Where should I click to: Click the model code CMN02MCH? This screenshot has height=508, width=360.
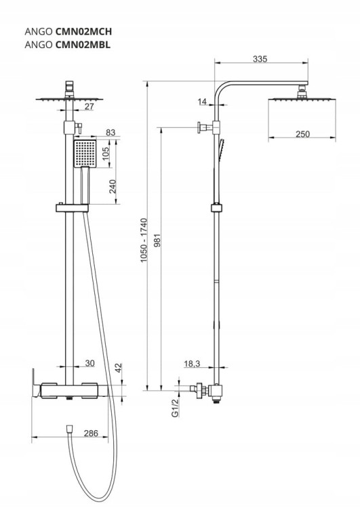[83, 31]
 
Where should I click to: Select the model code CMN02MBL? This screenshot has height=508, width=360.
[83, 45]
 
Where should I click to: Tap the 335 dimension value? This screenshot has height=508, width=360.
[260, 59]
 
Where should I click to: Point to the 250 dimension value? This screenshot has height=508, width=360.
[302, 134]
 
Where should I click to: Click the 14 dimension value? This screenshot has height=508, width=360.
[202, 102]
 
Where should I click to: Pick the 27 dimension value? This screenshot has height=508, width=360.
[89, 106]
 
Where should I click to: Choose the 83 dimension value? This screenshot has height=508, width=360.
[111, 132]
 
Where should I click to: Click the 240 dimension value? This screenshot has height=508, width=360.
[113, 186]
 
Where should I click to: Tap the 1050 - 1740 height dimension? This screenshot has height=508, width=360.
[143, 240]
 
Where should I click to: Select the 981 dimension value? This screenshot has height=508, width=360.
[157, 240]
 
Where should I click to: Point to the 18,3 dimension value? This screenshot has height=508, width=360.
[192, 364]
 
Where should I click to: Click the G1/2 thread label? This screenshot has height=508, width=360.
[175, 408]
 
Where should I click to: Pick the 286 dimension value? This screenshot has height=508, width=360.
[91, 433]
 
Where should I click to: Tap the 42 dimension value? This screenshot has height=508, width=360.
[119, 368]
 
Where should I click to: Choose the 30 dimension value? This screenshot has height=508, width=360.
[90, 363]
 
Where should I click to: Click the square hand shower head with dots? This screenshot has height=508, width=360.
[85, 154]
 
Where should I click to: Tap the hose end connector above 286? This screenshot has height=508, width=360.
[70, 429]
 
